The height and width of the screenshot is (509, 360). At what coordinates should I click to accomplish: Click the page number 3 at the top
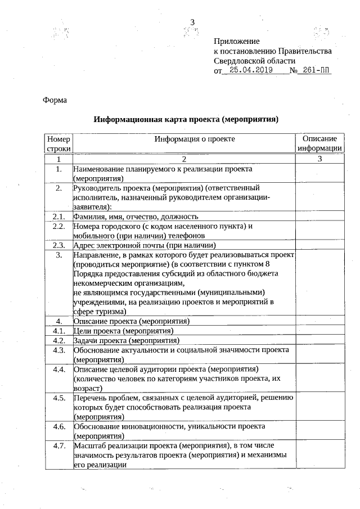[x=192, y=22]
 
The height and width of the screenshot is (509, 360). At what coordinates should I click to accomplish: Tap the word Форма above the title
[x=55, y=100]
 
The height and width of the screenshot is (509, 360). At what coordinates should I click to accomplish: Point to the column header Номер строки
[x=58, y=143]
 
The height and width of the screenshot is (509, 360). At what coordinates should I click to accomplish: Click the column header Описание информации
[x=319, y=143]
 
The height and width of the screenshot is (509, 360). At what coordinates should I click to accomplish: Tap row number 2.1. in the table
[x=58, y=217]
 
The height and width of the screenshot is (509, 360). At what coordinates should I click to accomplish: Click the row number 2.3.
[x=58, y=245]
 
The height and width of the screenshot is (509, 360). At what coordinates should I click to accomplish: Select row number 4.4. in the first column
[x=58, y=370]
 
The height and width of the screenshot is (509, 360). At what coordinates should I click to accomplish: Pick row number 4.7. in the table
[x=58, y=446]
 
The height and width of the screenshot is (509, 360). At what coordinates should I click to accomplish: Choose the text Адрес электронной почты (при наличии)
[x=145, y=245]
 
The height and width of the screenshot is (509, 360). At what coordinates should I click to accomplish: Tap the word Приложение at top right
[x=237, y=42]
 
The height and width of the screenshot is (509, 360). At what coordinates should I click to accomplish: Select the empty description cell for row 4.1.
[x=319, y=331]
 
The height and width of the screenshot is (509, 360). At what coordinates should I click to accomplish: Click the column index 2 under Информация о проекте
[x=183, y=159]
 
